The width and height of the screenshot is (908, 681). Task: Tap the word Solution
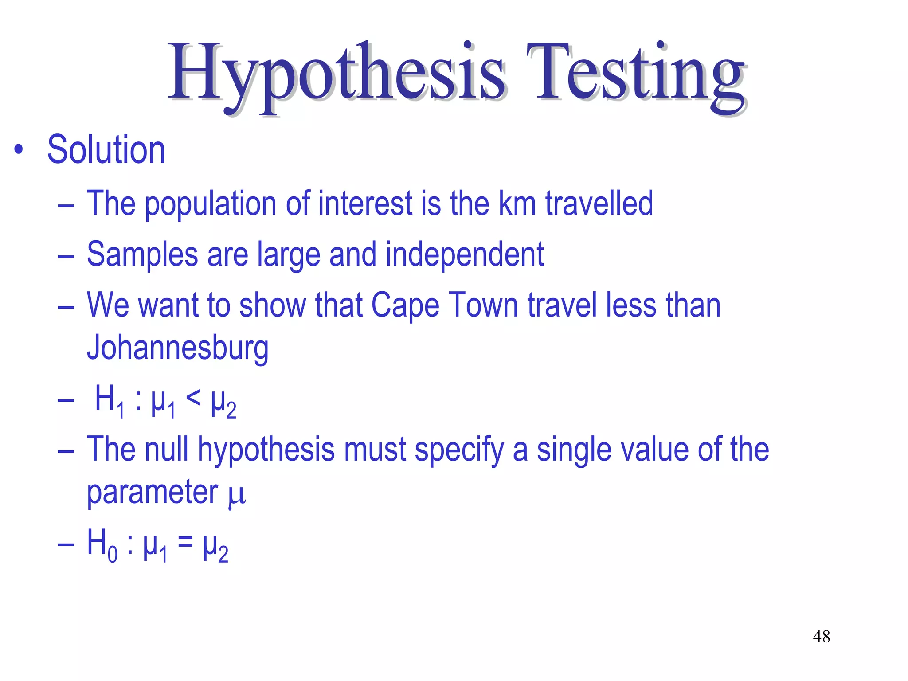pos(106,150)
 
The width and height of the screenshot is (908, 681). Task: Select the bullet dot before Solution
pos(18,150)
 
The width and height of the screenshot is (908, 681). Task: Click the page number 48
pos(821,637)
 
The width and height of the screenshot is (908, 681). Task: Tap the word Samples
pos(142,254)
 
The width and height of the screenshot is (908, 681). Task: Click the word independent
pos(465,254)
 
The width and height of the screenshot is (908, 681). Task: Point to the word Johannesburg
pos(178,348)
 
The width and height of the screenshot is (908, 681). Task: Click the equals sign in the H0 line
pos(185,543)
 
